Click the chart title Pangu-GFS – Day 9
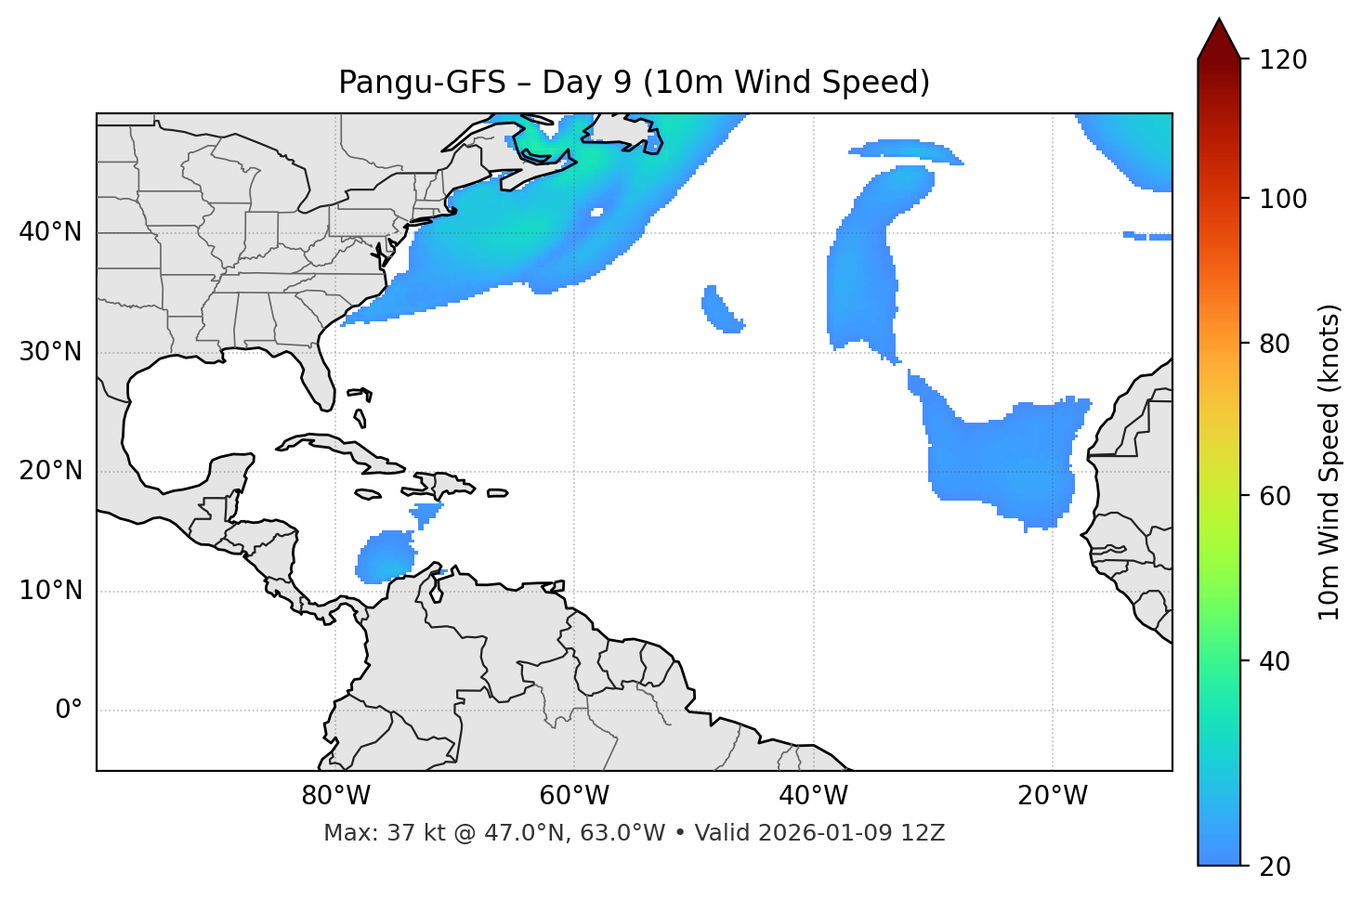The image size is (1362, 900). pos(634,83)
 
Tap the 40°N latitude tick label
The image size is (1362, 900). pos(50,232)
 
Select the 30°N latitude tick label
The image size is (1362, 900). pos(50,352)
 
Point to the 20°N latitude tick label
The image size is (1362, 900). pos(50,471)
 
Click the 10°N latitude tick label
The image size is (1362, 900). pos(50,591)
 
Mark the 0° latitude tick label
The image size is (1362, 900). pos(69,711)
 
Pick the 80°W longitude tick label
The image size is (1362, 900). pos(335,796)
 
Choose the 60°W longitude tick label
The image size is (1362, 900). pos(574,796)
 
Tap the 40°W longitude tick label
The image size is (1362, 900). pos(813,796)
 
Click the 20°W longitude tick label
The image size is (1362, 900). pos(1052,796)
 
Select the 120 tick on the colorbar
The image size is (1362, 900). pos(1285,60)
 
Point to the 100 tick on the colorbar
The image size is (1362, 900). pos(1285,199)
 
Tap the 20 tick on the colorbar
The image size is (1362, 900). pos(1275,866)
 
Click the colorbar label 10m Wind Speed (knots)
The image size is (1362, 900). pos(1329,462)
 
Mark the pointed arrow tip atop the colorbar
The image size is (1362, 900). pos(1219,20)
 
